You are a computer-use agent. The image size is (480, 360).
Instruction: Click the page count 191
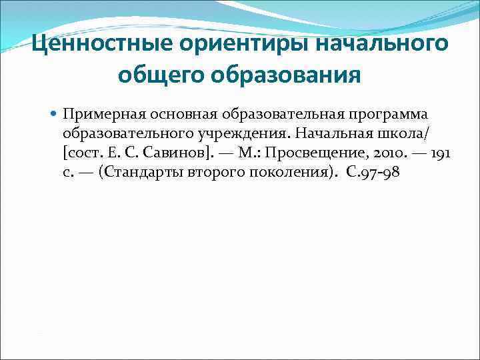(x=441, y=153)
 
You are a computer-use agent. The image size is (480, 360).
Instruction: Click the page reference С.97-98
(x=372, y=172)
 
